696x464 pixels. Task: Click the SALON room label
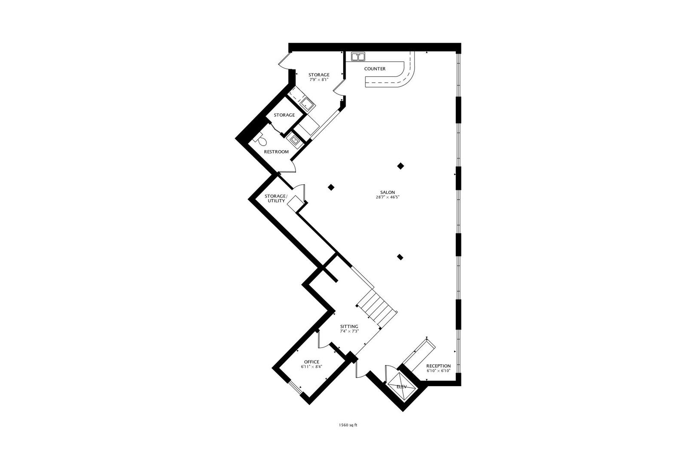pyautogui.click(x=387, y=192)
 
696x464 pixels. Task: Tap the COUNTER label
pyautogui.click(x=375, y=69)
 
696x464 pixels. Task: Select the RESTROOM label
pyautogui.click(x=276, y=152)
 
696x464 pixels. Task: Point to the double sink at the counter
pyautogui.click(x=358, y=56)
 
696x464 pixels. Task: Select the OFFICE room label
pyautogui.click(x=311, y=362)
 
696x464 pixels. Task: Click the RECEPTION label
pyautogui.click(x=438, y=366)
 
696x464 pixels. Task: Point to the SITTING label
pyautogui.click(x=349, y=327)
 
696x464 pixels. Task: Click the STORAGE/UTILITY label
pyautogui.click(x=275, y=198)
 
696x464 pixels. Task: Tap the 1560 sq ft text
pyautogui.click(x=348, y=425)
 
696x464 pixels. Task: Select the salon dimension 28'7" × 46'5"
pyautogui.click(x=387, y=198)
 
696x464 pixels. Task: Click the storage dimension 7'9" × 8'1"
pyautogui.click(x=319, y=79)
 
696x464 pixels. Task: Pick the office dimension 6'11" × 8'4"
pyautogui.click(x=311, y=367)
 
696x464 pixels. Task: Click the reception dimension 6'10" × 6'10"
pyautogui.click(x=438, y=371)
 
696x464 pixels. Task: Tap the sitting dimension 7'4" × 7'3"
pyautogui.click(x=349, y=331)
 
